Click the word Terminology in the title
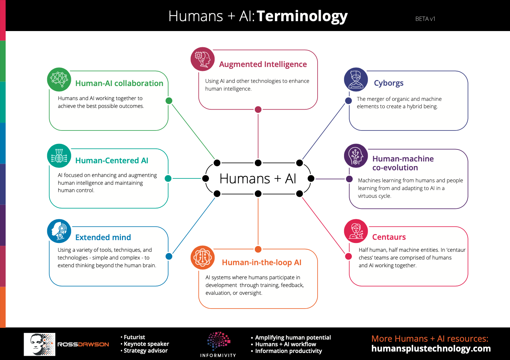[302, 17]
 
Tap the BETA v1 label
[425, 19]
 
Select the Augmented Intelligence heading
[263, 65]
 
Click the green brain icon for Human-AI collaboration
[59, 79]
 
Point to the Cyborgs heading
[389, 83]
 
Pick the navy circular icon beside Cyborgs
[356, 79]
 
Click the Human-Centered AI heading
[112, 160]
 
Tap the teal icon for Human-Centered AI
[59, 156]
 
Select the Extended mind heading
[103, 237]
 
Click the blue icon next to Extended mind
[59, 231]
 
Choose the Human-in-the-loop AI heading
[262, 263]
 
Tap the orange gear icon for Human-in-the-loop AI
[203, 257]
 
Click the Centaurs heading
[389, 237]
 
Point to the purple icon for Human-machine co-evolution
[356, 156]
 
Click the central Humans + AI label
[258, 178]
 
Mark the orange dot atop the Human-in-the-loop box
[258, 249]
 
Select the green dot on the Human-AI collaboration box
[169, 100]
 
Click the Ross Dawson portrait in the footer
[39, 344]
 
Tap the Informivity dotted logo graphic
[219, 341]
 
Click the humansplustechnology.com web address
[431, 349]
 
